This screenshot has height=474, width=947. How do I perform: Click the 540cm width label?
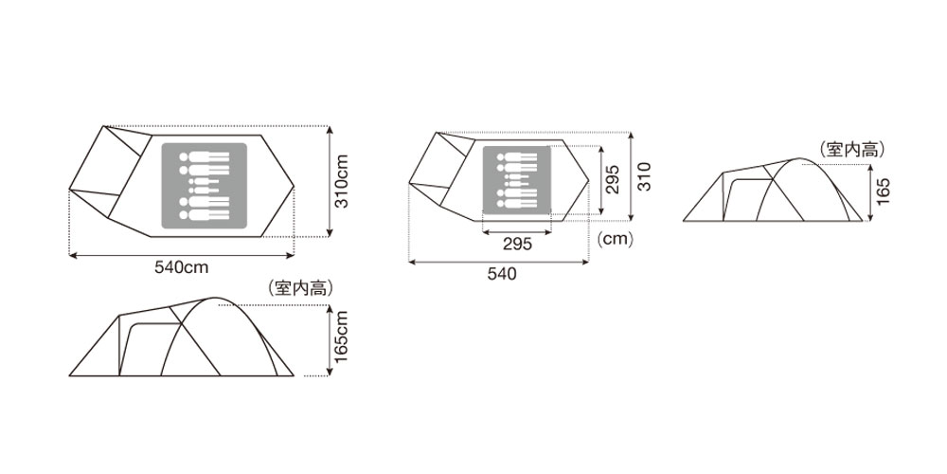pyautogui.click(x=181, y=268)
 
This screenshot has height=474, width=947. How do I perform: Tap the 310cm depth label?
pyautogui.click(x=342, y=181)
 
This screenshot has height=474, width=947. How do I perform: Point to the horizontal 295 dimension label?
pyautogui.click(x=518, y=244)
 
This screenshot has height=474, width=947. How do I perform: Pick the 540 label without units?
pyautogui.click(x=502, y=274)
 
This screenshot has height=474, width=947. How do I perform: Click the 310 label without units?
pyautogui.click(x=645, y=176)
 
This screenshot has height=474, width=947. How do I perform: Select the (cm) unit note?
pyautogui.click(x=615, y=240)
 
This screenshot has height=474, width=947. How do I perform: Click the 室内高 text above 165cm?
pyautogui.click(x=300, y=288)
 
